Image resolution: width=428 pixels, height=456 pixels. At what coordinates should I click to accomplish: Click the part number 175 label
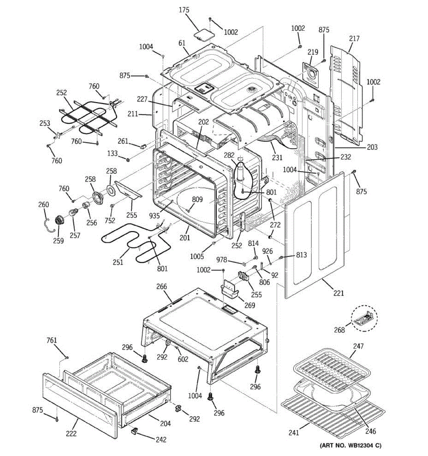click(x=184, y=10)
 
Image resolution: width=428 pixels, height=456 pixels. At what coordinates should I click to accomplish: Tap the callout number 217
click(x=354, y=38)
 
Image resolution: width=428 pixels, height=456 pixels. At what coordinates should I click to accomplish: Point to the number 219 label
click(x=313, y=52)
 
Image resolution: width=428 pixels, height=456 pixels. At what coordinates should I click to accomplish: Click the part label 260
click(x=44, y=204)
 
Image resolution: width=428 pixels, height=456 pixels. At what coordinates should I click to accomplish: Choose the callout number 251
click(x=118, y=262)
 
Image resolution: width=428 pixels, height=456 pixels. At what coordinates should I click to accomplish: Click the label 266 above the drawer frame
click(x=162, y=287)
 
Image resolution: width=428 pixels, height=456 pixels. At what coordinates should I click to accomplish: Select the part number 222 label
click(x=71, y=434)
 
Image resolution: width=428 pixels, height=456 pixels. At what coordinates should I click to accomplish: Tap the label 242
click(x=161, y=439)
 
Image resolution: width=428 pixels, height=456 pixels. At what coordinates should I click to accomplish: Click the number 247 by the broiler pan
click(x=358, y=346)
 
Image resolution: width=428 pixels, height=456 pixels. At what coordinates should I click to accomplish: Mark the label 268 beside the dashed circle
click(x=339, y=330)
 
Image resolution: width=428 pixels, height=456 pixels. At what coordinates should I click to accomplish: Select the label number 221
click(x=339, y=293)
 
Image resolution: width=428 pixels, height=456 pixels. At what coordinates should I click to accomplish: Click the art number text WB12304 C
click(x=350, y=445)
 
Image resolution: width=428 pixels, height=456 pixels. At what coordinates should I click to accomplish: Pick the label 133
click(x=112, y=154)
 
